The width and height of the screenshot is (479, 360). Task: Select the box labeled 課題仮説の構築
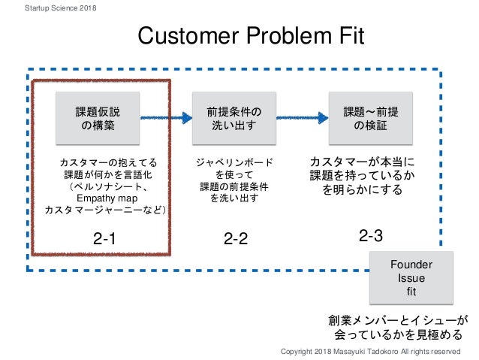[98, 119]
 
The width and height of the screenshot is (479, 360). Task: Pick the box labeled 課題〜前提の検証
[370, 119]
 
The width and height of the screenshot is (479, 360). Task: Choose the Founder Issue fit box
[412, 278]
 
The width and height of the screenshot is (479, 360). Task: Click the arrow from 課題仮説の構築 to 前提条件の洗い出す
[164, 117]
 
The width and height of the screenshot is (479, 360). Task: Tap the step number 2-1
[106, 240]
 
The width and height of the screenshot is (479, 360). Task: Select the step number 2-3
[371, 236]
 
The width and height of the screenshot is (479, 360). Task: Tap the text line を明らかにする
[363, 190]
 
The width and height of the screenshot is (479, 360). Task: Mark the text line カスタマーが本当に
[363, 162]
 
